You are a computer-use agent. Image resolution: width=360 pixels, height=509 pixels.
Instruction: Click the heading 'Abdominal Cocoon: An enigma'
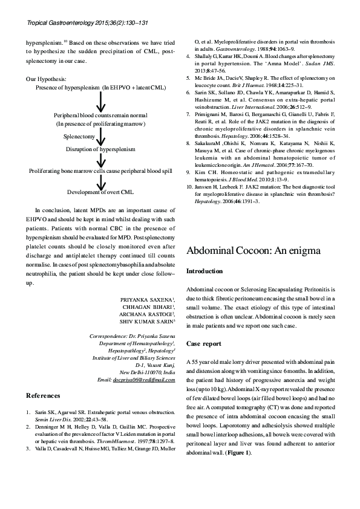[x=255, y=250]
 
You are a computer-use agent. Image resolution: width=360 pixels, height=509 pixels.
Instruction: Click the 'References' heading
[x=43, y=395]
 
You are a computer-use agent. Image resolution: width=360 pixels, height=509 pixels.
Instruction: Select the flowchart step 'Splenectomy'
[x=79, y=137]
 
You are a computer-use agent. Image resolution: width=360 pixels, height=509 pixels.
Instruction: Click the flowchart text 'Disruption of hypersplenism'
[x=100, y=148]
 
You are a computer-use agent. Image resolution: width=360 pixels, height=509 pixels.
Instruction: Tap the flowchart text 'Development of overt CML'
[x=100, y=192]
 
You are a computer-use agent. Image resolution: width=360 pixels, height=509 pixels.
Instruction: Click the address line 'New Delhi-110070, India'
[x=148, y=372]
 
